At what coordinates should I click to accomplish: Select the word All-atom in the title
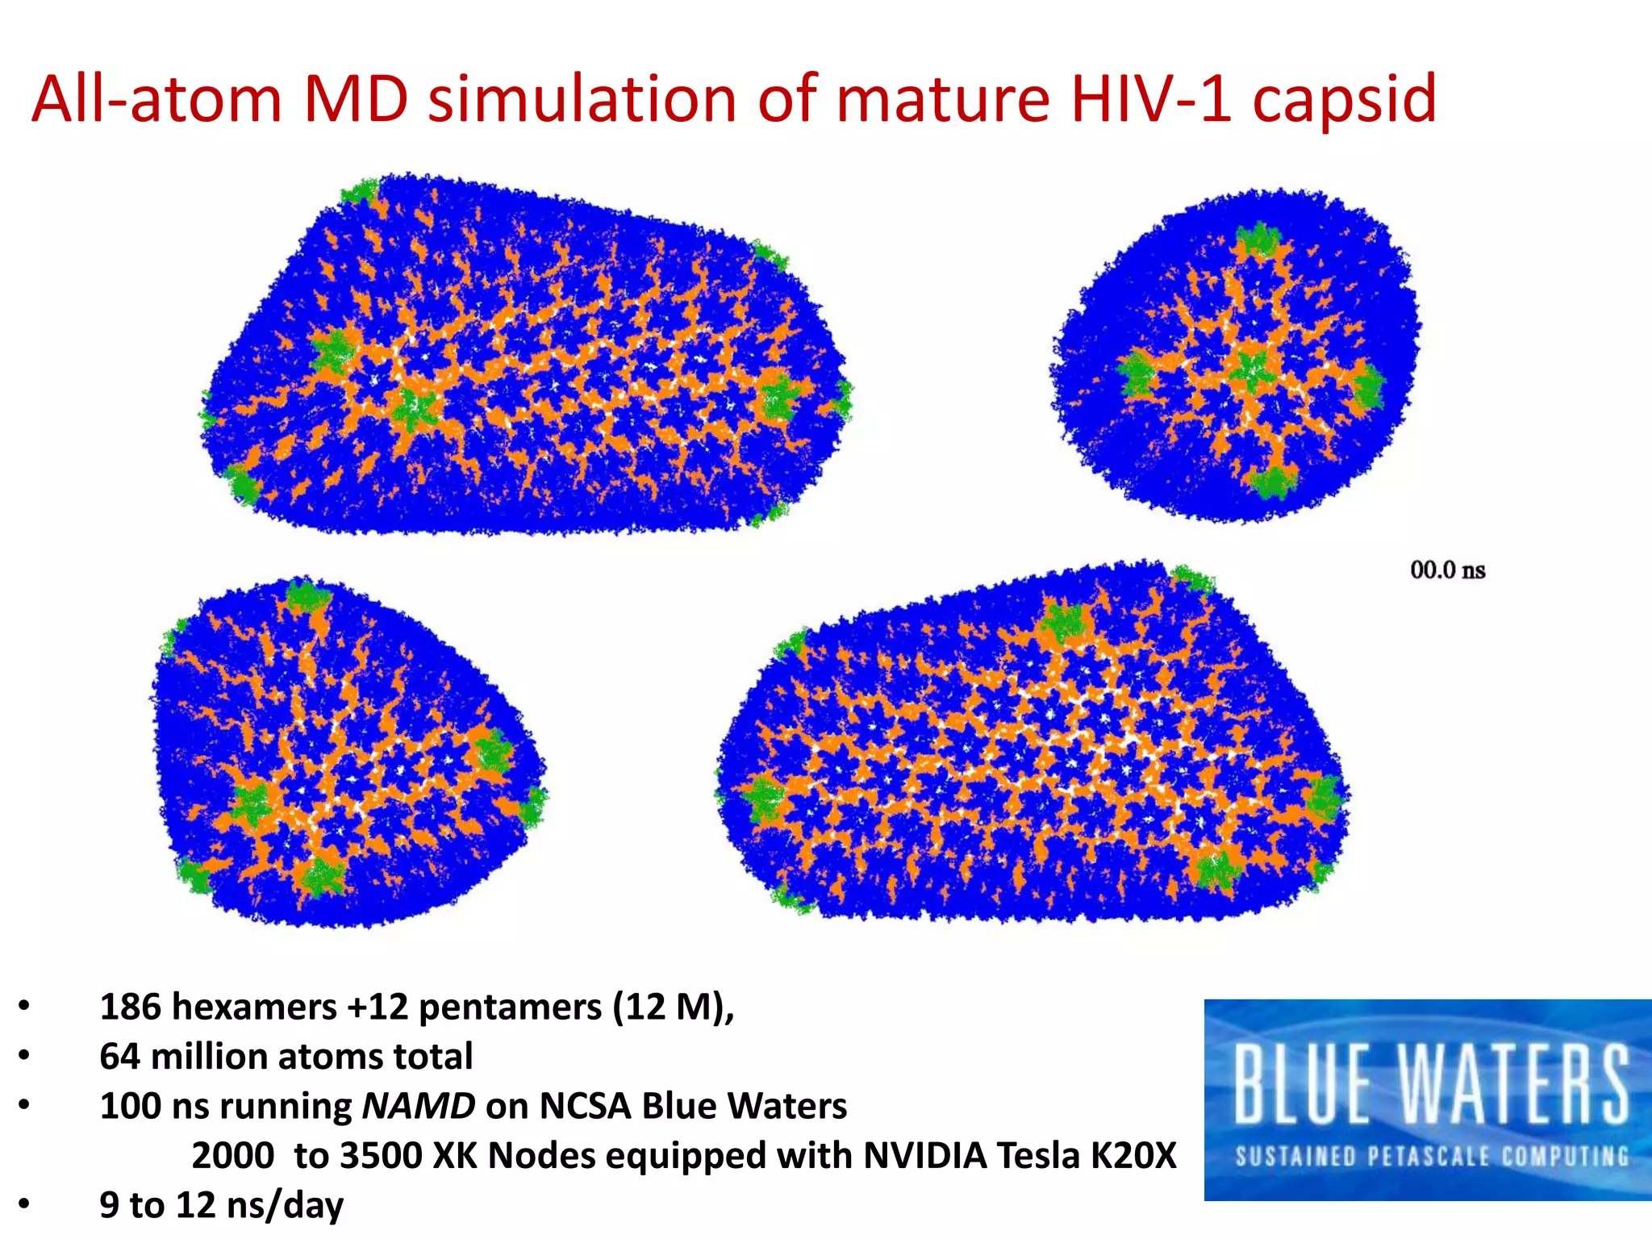[156, 98]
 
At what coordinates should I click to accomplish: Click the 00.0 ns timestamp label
[1448, 570]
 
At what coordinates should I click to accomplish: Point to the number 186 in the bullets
[130, 1007]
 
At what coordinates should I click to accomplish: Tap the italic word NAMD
[419, 1106]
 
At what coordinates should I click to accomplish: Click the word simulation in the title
[582, 98]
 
